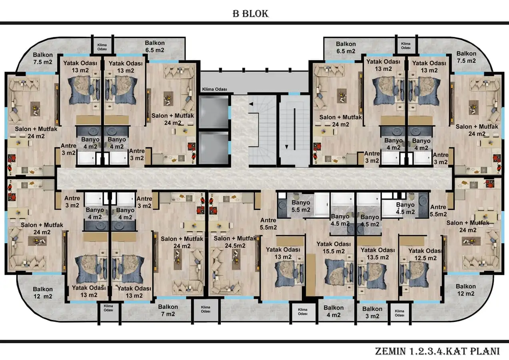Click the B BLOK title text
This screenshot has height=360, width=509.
251,14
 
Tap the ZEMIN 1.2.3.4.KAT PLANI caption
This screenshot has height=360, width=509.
437,351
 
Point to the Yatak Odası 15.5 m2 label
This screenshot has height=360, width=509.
333,248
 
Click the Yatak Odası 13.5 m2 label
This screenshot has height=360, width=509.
377,254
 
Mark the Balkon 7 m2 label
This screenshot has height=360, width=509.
168,310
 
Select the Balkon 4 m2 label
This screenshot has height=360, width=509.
333,311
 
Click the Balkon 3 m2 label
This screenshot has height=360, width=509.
372,312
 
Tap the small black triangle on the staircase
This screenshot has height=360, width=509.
251,104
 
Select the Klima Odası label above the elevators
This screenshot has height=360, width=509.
215,90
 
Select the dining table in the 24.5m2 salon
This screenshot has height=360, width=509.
218,225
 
